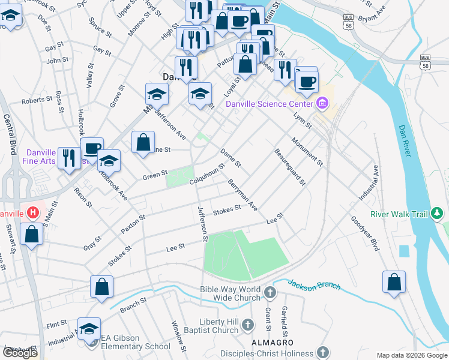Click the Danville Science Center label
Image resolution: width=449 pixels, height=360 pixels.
click(270, 104)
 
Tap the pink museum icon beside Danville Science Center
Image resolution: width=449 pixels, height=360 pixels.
click(323, 104)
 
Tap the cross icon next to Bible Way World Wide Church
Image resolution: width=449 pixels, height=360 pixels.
click(270, 293)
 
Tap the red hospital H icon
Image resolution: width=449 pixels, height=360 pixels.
click(33, 212)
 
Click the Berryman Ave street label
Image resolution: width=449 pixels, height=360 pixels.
click(243, 195)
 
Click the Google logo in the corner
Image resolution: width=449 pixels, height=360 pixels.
click(20, 353)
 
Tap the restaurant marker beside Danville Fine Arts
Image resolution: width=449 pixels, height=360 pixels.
click(70, 158)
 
